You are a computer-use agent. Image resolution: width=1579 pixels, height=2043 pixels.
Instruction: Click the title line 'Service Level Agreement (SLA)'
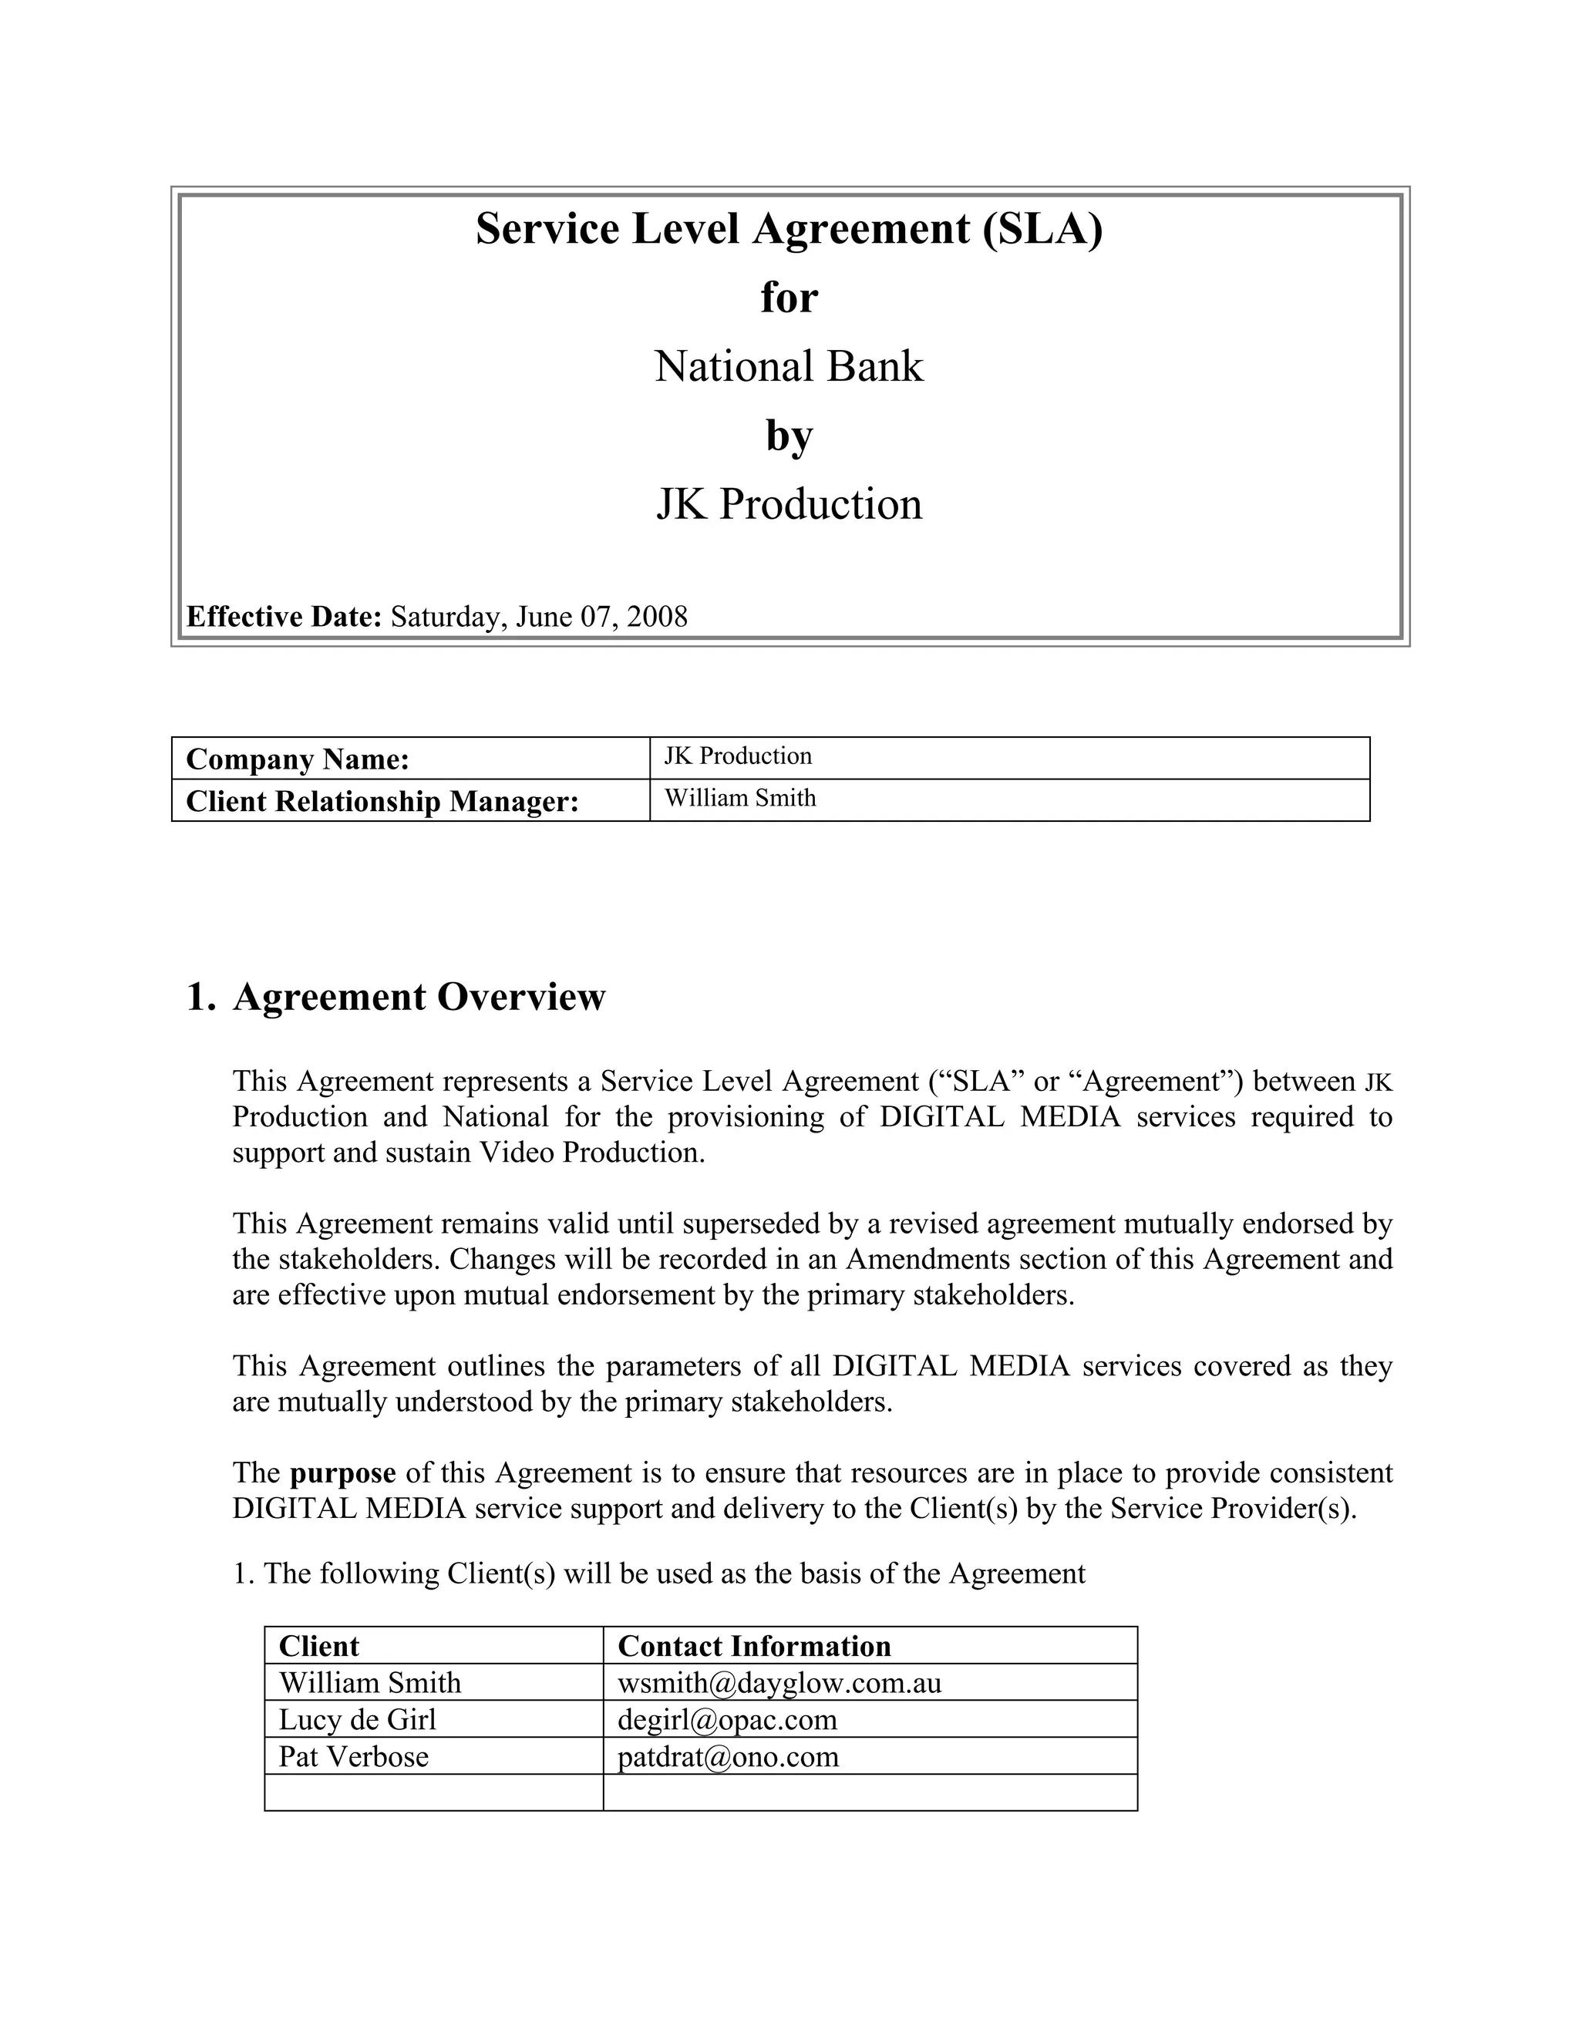click(x=789, y=229)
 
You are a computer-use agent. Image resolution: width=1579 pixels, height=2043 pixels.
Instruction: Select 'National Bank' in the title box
click(x=789, y=367)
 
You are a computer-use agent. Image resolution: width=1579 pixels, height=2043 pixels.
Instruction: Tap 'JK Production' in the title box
click(x=789, y=504)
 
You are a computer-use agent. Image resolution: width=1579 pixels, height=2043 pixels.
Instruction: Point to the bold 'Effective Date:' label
click(x=284, y=618)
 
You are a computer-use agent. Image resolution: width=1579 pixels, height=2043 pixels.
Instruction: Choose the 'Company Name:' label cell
click(x=298, y=759)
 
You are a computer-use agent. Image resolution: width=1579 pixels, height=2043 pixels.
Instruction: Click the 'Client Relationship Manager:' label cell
click(x=382, y=802)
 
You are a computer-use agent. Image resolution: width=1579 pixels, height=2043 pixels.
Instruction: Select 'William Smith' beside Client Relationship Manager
click(x=740, y=798)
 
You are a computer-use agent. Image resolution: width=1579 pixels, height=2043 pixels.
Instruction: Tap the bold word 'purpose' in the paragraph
click(x=342, y=1473)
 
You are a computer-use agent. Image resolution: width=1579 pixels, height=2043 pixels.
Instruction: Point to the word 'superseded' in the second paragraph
click(x=751, y=1223)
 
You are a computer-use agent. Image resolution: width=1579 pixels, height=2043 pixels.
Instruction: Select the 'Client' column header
click(x=318, y=1647)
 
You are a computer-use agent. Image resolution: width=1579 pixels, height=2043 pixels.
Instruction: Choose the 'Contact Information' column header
click(x=754, y=1647)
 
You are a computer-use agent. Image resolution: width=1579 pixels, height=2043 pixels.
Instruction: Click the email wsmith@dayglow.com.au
click(x=779, y=1683)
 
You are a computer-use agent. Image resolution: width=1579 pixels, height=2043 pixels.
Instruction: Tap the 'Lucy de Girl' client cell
click(x=357, y=1719)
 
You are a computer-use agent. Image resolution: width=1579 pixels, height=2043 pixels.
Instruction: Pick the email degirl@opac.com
click(x=727, y=1719)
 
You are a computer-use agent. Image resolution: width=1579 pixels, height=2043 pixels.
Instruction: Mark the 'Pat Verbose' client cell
click(x=354, y=1757)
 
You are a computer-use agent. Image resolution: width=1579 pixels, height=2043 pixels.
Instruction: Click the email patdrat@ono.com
click(x=728, y=1757)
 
